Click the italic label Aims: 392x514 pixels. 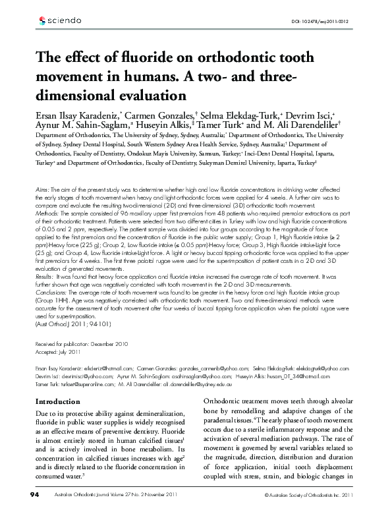coord(41,188)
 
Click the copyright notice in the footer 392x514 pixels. coord(310,494)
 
